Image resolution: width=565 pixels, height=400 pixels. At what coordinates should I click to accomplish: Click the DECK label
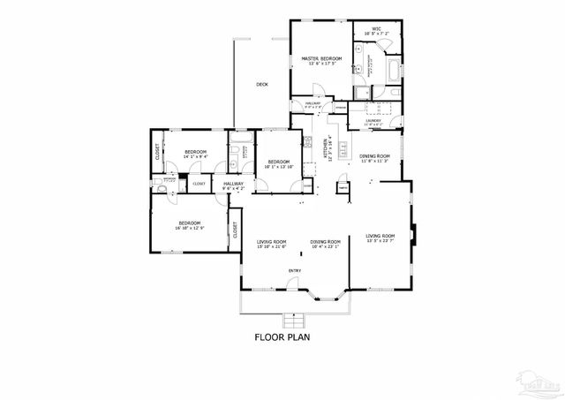pos(261,85)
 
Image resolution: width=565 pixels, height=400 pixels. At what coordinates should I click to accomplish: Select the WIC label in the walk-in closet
pos(376,29)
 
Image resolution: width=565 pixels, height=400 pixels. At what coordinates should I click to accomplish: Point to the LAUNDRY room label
pos(373,121)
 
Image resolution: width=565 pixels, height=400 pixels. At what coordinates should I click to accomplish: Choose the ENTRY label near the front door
pos(295,270)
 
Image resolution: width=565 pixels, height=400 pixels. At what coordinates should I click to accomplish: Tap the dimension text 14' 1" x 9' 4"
pos(195,157)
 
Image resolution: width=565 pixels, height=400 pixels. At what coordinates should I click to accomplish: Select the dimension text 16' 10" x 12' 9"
pos(191,228)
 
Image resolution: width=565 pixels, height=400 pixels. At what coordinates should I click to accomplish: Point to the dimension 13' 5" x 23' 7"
pos(380,241)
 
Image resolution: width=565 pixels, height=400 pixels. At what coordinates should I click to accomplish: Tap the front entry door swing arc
pos(290,284)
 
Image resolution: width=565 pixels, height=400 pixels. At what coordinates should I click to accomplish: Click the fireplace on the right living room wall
pos(415,222)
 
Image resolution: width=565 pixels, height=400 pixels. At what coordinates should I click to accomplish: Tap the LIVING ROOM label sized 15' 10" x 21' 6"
pos(272,241)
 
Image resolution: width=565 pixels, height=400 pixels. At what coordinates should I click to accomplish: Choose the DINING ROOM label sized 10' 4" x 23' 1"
pos(325,241)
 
